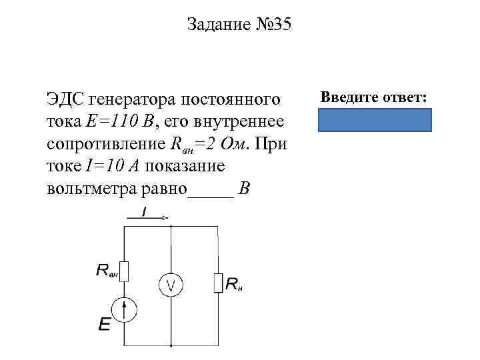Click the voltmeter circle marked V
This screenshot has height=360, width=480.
pos(171,285)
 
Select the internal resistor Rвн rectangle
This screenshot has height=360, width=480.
pos(125,271)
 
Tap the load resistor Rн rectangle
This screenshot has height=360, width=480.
pos(218,283)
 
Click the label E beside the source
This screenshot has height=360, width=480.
pos(105,324)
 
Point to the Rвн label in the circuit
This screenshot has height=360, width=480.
pos(107,270)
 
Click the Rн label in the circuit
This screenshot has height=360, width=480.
pos(234,285)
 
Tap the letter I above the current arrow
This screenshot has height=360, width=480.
pos(145,210)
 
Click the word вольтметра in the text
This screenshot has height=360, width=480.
pos(95,188)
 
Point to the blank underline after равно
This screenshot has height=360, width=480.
pos(211,190)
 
